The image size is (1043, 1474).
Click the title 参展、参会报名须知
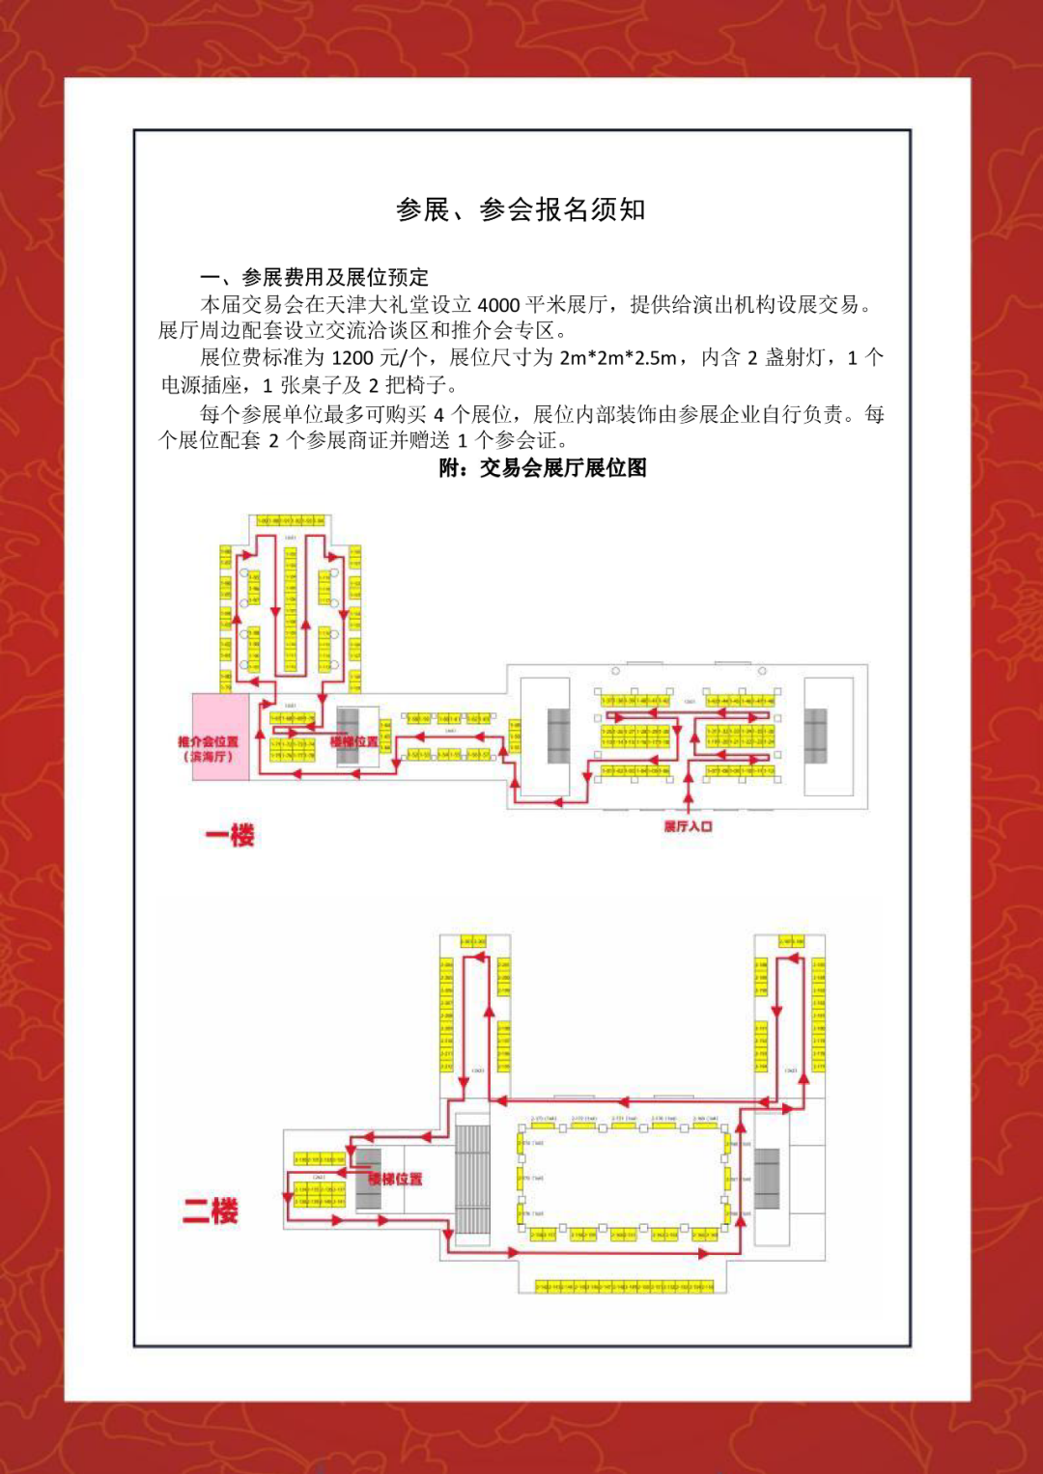pos(521,209)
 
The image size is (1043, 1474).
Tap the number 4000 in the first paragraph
pos(498,305)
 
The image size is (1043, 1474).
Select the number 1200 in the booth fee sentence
pos(352,358)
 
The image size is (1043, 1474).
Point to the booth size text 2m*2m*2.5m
pos(617,358)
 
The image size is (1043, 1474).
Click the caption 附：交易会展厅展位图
pos(543,468)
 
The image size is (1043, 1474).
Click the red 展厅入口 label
pos(688,826)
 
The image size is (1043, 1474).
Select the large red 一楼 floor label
pos(230,835)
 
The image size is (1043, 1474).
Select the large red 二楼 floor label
pos(211,1210)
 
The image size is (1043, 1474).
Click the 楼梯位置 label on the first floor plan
pos(353,741)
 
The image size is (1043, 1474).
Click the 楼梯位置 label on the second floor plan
pos(395,1179)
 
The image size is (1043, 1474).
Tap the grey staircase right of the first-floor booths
pos(816,736)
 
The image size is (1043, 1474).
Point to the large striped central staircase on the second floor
pos(472,1178)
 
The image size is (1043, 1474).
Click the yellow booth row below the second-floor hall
pos(624,1287)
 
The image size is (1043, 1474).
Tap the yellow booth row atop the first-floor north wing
pos(290,521)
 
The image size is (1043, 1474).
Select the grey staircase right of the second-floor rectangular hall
pos(767,1178)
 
